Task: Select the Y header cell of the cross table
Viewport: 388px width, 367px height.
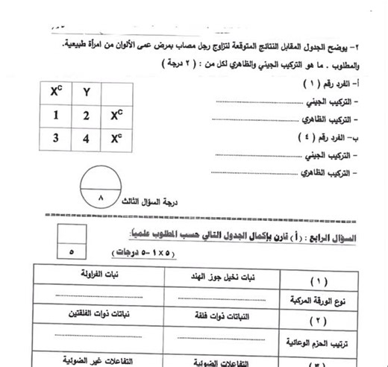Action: [x=87, y=92]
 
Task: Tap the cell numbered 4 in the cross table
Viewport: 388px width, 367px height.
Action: [x=87, y=139]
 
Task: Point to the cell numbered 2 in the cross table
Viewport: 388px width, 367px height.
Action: [x=87, y=116]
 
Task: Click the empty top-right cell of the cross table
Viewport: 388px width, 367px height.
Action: [x=116, y=92]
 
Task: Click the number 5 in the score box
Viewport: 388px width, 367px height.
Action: [x=71, y=253]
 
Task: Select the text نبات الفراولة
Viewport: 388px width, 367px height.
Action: [x=100, y=274]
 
